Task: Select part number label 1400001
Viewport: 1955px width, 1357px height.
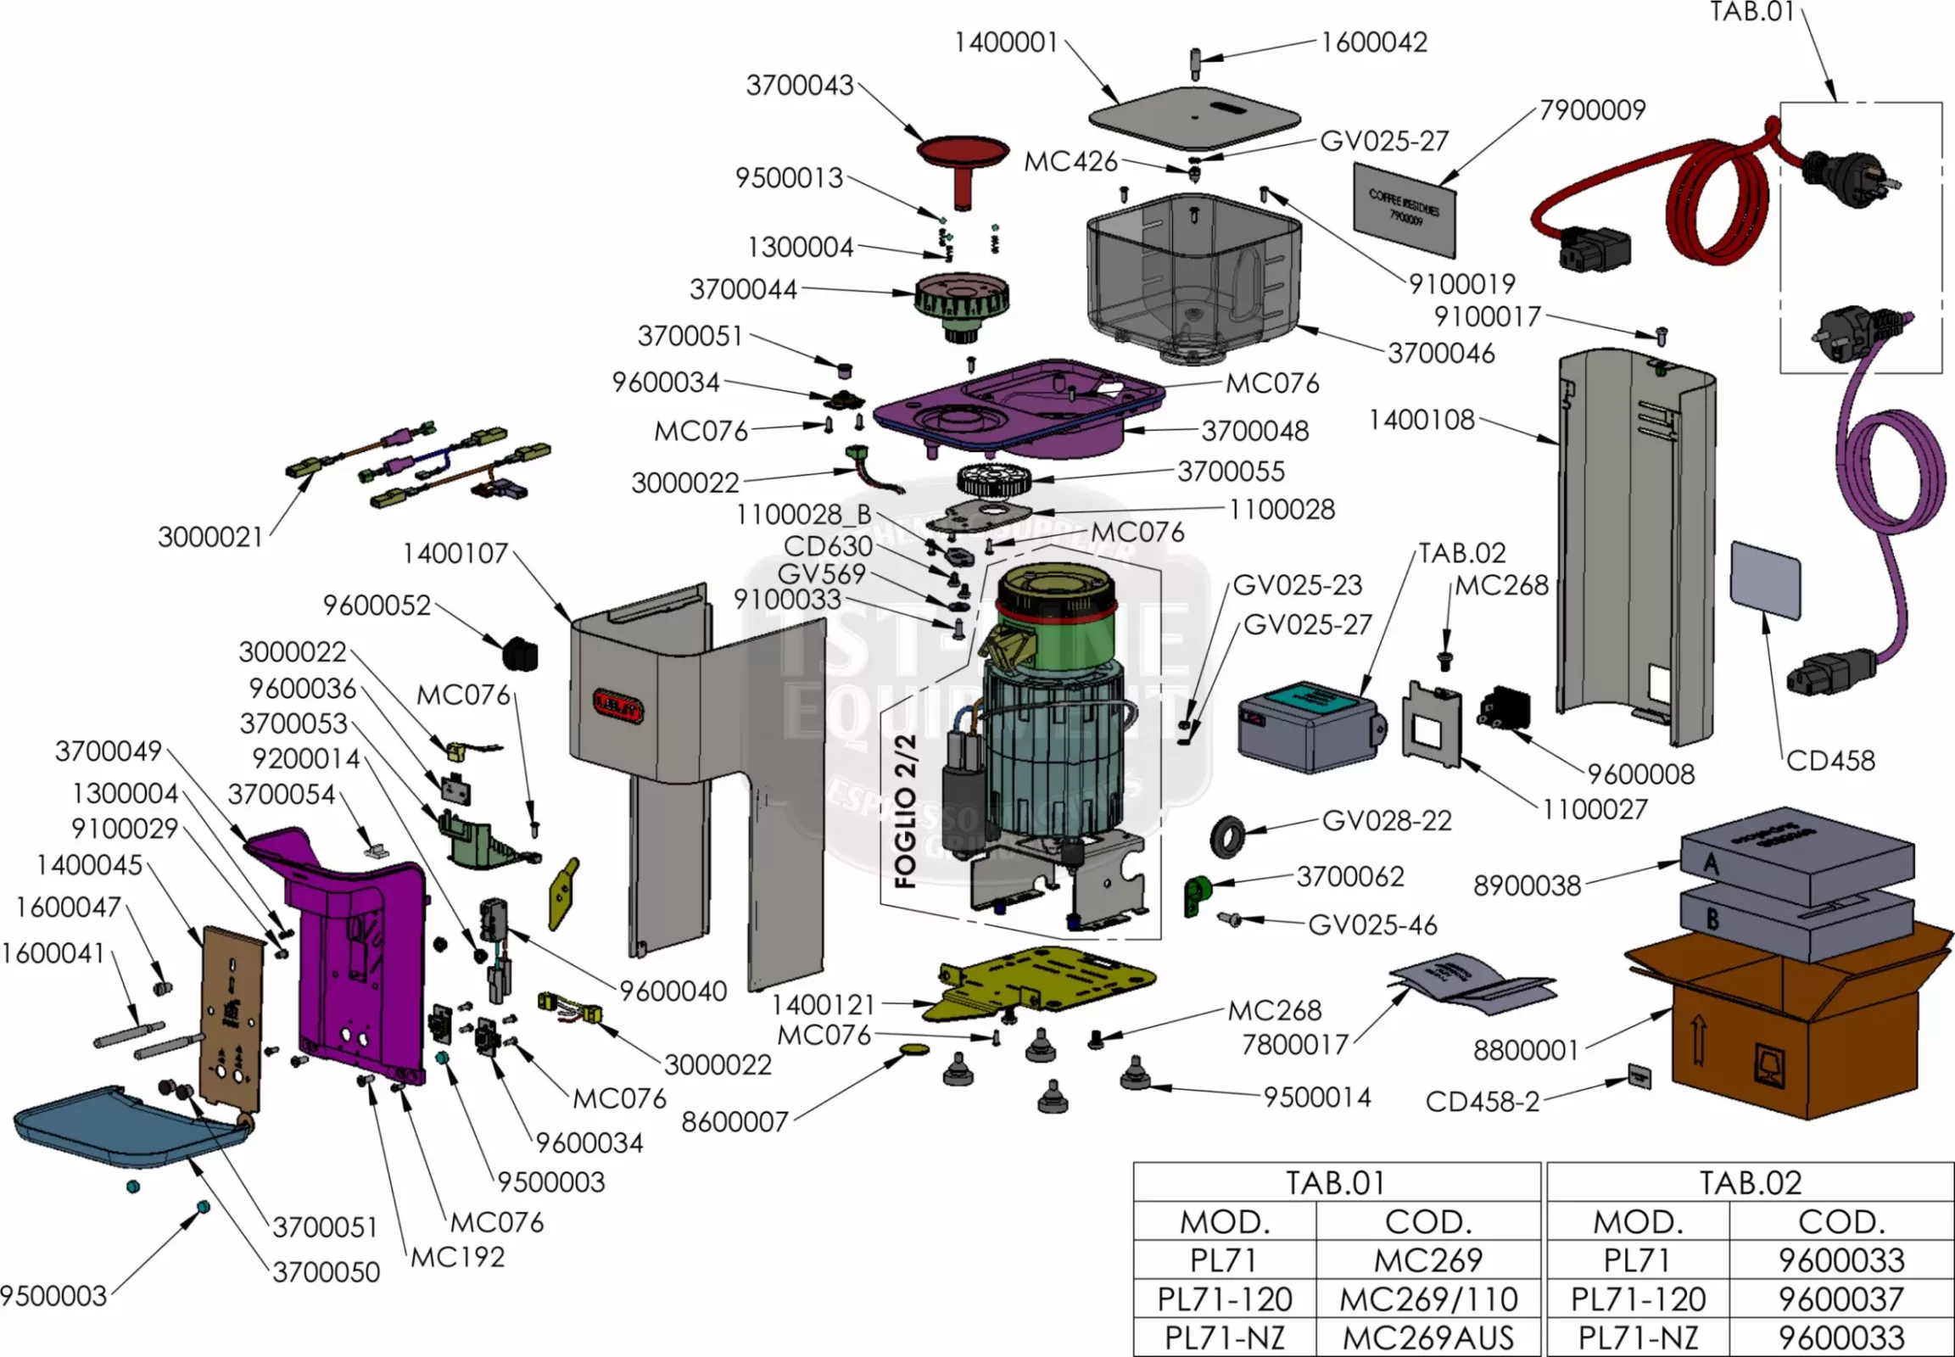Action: pos(1006,42)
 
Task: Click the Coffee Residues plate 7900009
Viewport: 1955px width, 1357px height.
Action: pos(1404,209)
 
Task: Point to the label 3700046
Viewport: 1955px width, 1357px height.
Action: pos(1440,353)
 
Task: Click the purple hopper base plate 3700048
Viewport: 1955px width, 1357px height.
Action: pos(1020,405)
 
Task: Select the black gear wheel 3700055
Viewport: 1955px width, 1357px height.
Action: pos(993,481)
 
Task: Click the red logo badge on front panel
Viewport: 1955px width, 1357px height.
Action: pos(618,705)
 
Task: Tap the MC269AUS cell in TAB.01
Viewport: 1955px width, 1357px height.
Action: pos(1427,1337)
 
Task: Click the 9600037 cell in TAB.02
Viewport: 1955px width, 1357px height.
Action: pos(1841,1298)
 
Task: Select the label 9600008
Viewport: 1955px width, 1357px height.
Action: pos(1640,773)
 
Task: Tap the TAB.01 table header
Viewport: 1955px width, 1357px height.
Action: pos(1335,1181)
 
